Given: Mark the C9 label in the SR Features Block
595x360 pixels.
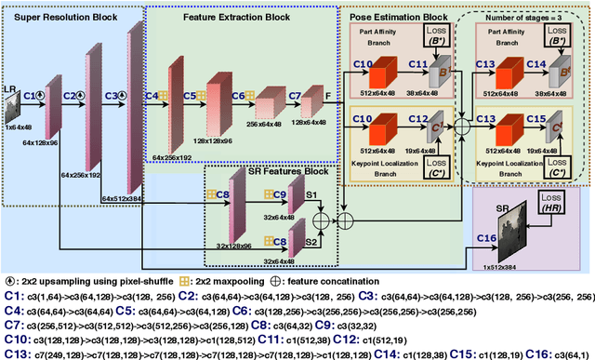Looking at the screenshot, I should [x=280, y=193].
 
